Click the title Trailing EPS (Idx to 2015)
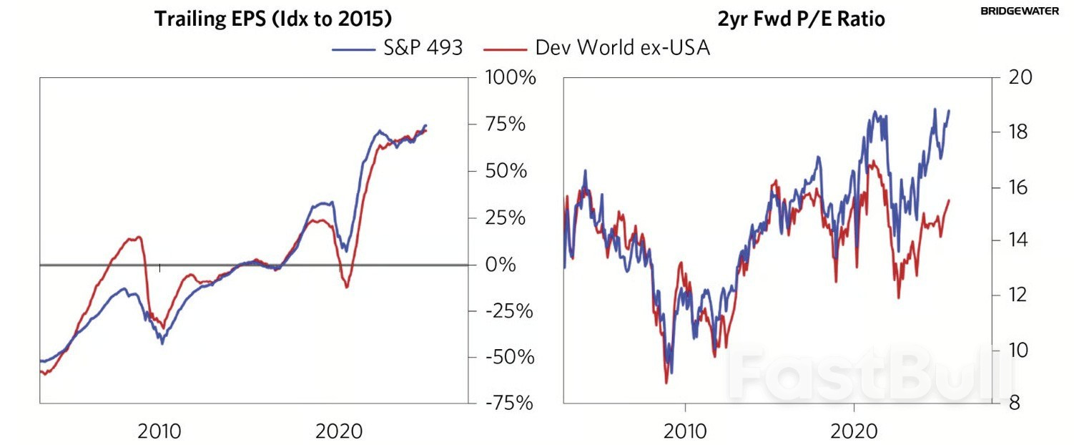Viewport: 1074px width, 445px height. tap(272, 19)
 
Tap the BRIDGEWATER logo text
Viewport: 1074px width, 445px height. tap(1025, 11)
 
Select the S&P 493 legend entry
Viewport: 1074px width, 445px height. tap(397, 48)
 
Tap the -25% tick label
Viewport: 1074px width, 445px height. tap(506, 311)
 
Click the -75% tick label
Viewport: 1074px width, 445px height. tap(506, 404)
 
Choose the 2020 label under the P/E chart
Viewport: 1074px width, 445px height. tap(854, 431)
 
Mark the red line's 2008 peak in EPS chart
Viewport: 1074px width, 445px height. tap(137, 237)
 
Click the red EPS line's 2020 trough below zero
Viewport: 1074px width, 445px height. tap(347, 287)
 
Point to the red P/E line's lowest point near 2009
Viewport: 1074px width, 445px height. tap(666, 382)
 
